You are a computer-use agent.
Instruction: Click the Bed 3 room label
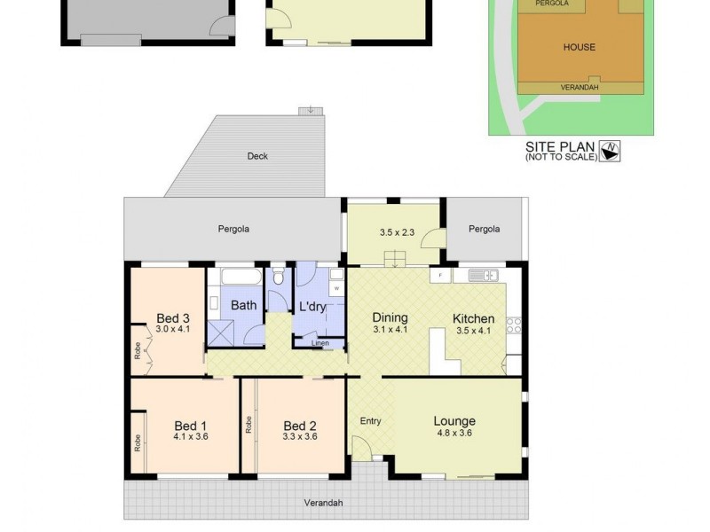(x=173, y=318)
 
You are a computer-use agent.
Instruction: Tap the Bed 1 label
(x=191, y=425)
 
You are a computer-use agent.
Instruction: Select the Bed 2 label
(x=300, y=425)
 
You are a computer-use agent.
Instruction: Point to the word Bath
(x=244, y=305)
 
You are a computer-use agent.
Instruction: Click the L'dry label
(x=312, y=307)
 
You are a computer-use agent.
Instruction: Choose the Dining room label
(x=390, y=317)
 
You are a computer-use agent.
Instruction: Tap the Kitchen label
(x=473, y=318)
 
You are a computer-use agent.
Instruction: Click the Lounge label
(x=454, y=421)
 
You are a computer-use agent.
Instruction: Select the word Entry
(x=370, y=421)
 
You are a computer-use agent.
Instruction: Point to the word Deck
(x=257, y=157)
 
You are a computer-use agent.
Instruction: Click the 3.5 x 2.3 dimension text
(x=397, y=232)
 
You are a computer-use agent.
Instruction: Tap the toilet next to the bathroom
(x=279, y=278)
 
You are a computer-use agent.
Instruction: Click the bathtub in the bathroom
(x=234, y=277)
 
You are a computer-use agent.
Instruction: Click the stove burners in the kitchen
(x=514, y=325)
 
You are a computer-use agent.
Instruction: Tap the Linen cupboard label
(x=320, y=343)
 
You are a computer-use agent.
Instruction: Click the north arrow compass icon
(x=611, y=151)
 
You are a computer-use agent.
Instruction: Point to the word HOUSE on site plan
(x=579, y=47)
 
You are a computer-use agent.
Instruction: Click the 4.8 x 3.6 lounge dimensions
(x=454, y=434)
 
